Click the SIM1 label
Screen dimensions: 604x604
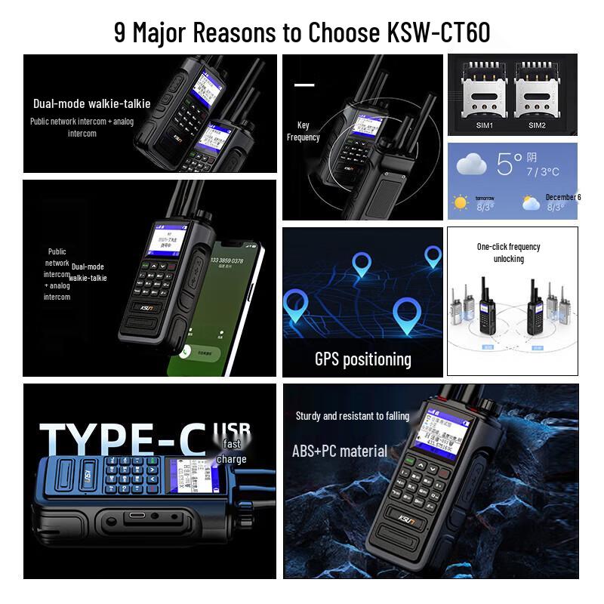[x=484, y=125]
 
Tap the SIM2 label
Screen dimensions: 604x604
[x=537, y=125]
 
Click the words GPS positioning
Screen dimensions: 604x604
[x=362, y=359]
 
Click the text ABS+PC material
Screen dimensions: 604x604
[x=340, y=451]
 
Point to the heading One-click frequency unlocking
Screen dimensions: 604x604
[x=508, y=252]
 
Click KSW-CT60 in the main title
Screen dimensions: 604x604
[x=439, y=32]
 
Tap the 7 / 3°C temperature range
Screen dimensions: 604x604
[x=543, y=172]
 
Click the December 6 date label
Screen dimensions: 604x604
[x=563, y=197]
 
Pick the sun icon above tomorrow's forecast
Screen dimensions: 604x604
[x=460, y=202]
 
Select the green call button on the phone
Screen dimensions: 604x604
[x=186, y=351]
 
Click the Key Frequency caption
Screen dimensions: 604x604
[x=303, y=131]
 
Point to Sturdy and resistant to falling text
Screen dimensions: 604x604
[x=353, y=416]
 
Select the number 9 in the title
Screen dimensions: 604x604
[x=120, y=32]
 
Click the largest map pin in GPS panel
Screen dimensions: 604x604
[x=407, y=313]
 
